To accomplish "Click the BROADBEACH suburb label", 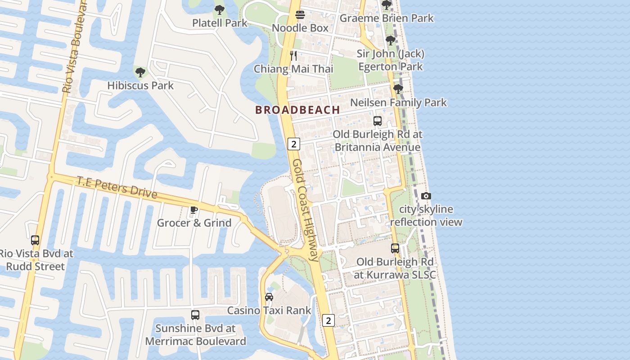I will (297, 110).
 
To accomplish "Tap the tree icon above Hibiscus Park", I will (140, 72).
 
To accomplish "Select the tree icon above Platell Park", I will (219, 9).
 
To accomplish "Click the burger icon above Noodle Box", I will (300, 15).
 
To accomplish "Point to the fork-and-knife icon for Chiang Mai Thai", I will (293, 56).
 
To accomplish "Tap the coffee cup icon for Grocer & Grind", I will (194, 210).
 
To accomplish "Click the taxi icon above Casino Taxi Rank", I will (269, 297).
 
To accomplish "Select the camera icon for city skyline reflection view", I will (426, 196).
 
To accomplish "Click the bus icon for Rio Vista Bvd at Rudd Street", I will (35, 240).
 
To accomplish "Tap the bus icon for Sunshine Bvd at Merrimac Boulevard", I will (195, 315).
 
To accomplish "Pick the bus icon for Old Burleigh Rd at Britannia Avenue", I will (378, 121).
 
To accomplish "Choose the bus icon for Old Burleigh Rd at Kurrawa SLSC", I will (395, 248).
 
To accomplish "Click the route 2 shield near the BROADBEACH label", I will (294, 144).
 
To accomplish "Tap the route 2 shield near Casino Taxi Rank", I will (329, 320).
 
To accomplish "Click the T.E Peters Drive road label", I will (117, 187).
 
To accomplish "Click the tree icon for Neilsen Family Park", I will (398, 89).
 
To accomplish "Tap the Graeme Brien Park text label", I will (387, 18).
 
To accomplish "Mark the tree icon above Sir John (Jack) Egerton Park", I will (391, 40).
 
